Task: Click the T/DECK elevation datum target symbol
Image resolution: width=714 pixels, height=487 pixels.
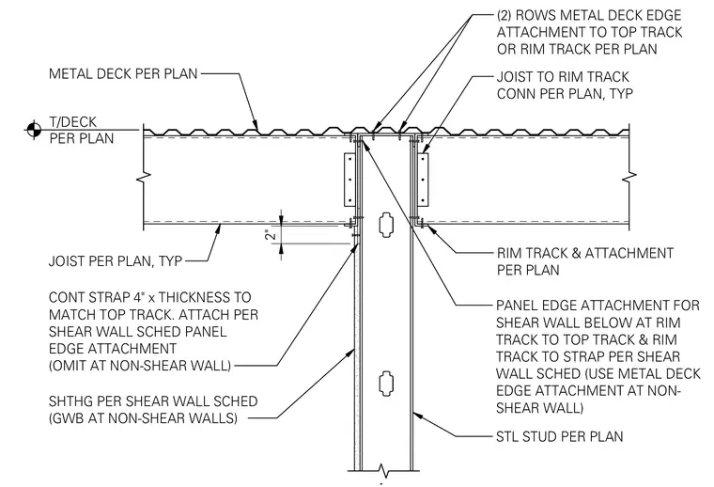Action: pyautogui.click(x=34, y=130)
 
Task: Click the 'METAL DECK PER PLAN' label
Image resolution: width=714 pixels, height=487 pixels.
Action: pyautogui.click(x=123, y=73)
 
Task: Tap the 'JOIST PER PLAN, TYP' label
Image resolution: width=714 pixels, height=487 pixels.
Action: pyautogui.click(x=116, y=261)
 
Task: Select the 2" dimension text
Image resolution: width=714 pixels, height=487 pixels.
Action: pyautogui.click(x=272, y=234)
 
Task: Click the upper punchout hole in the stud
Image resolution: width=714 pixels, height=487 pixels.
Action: pyautogui.click(x=385, y=224)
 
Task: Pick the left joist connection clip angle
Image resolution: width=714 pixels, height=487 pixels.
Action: pyautogui.click(x=349, y=179)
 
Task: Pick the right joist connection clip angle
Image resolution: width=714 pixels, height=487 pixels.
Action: pyautogui.click(x=423, y=179)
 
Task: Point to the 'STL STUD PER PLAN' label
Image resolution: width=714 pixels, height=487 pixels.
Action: pyautogui.click(x=560, y=436)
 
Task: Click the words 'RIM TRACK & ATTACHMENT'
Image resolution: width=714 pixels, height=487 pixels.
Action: pyautogui.click(x=584, y=253)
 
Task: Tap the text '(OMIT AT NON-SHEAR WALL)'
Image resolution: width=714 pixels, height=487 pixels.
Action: pyautogui.click(x=140, y=366)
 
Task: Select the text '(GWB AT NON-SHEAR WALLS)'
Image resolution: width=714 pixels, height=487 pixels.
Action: pyautogui.click(x=143, y=417)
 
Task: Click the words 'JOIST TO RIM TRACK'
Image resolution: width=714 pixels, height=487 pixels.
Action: pyautogui.click(x=563, y=76)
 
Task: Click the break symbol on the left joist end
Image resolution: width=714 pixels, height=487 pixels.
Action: pyautogui.click(x=144, y=176)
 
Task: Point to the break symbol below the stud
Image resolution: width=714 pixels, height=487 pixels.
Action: pyautogui.click(x=383, y=470)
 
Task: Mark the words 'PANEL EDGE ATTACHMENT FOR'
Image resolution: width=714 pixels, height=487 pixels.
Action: pyautogui.click(x=598, y=306)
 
